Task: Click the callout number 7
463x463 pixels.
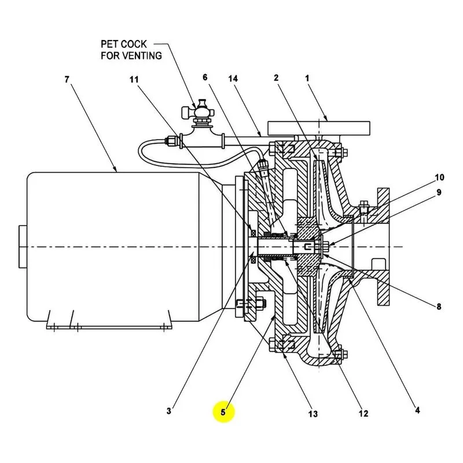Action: point(67,79)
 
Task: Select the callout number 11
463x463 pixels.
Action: point(134,79)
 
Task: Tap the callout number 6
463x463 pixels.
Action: point(205,78)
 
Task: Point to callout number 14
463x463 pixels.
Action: point(233,79)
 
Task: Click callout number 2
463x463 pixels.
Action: point(276,78)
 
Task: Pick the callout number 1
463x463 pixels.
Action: point(307,78)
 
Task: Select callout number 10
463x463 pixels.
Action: point(439,177)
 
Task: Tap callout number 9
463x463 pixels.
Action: point(439,192)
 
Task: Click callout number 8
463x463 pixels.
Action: point(439,307)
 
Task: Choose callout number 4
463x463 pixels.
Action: point(417,410)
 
